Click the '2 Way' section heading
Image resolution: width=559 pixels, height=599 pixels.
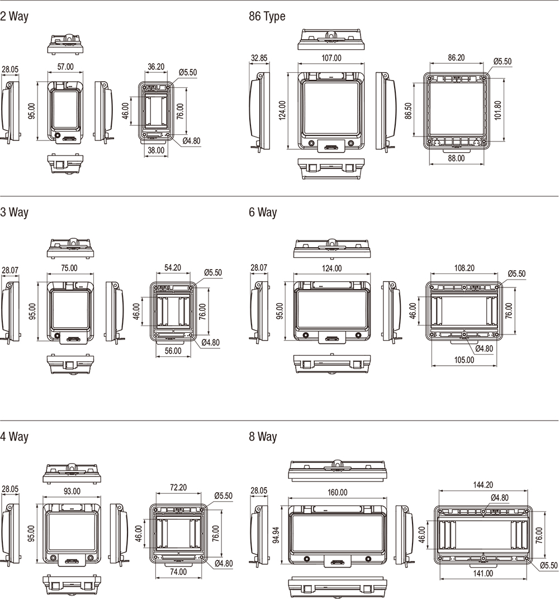(x=14, y=16)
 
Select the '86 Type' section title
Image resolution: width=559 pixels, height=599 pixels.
(x=267, y=16)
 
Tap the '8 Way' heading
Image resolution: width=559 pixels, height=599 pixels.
(x=263, y=436)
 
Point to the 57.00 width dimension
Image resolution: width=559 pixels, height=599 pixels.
(x=65, y=67)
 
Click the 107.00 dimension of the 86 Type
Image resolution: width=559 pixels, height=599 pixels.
(x=331, y=58)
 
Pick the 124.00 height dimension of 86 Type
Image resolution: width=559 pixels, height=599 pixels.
(x=282, y=110)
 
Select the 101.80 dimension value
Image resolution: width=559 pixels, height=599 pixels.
(x=498, y=110)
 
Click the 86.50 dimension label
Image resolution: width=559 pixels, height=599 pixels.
(x=408, y=111)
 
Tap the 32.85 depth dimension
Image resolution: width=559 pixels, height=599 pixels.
(x=259, y=58)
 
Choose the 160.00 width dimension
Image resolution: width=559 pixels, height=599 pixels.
(x=338, y=492)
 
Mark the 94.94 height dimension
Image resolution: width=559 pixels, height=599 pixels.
(x=277, y=535)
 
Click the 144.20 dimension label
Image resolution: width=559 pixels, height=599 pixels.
(x=483, y=485)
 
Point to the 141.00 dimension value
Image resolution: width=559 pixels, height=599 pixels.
(x=483, y=573)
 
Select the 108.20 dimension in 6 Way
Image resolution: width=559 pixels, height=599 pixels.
(x=465, y=268)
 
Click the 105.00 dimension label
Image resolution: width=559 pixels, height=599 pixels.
(x=465, y=360)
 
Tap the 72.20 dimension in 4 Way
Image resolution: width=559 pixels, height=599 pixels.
(x=178, y=488)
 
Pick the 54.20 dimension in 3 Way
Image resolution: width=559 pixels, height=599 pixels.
(x=173, y=268)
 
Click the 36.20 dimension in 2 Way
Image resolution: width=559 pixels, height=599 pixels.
(x=156, y=67)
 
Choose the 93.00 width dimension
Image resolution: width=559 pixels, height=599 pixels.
(x=72, y=491)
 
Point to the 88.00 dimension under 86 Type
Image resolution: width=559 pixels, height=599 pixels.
(x=456, y=158)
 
